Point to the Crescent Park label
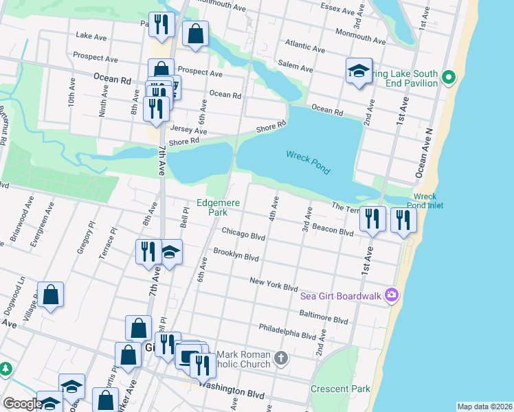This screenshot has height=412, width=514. tap(339, 389)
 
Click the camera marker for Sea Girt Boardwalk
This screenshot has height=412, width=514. tap(392, 295)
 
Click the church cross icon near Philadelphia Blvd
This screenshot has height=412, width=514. tap(280, 358)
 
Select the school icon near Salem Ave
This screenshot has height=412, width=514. tap(359, 71)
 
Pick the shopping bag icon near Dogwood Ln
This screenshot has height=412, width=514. tap(51, 296)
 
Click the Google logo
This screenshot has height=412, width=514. tap(22, 404)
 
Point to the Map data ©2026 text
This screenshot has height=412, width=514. tap(484, 407)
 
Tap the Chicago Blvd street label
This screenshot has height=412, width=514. tap(243, 236)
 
